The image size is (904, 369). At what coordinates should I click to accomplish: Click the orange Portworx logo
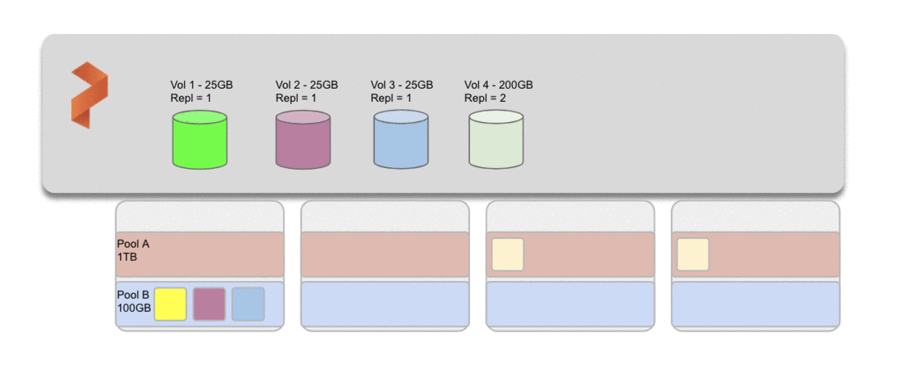[x=89, y=94]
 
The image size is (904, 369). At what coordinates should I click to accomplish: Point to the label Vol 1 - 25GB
[x=202, y=85]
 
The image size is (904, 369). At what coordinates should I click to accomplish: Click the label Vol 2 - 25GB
[x=306, y=85]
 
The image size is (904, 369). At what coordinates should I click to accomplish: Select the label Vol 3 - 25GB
[x=402, y=85]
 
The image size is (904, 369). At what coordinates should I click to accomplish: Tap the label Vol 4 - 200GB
[x=498, y=85]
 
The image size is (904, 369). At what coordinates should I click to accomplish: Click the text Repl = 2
[x=485, y=98]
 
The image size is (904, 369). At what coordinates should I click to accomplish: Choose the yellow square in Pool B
[x=170, y=304]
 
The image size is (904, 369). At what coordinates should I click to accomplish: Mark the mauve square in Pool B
[x=209, y=304]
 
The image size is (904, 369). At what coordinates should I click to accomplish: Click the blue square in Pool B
[x=248, y=304]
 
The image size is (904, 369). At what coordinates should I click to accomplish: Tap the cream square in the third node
[x=507, y=254]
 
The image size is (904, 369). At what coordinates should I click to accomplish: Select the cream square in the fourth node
[x=693, y=254]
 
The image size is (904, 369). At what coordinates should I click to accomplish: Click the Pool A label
[x=133, y=243]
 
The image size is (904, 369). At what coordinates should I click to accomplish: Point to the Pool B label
[x=133, y=295]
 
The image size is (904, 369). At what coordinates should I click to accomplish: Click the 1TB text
[x=127, y=256]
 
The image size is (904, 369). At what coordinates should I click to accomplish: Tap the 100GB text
[x=134, y=308]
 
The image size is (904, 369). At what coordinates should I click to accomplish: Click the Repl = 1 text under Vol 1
[x=191, y=98]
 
